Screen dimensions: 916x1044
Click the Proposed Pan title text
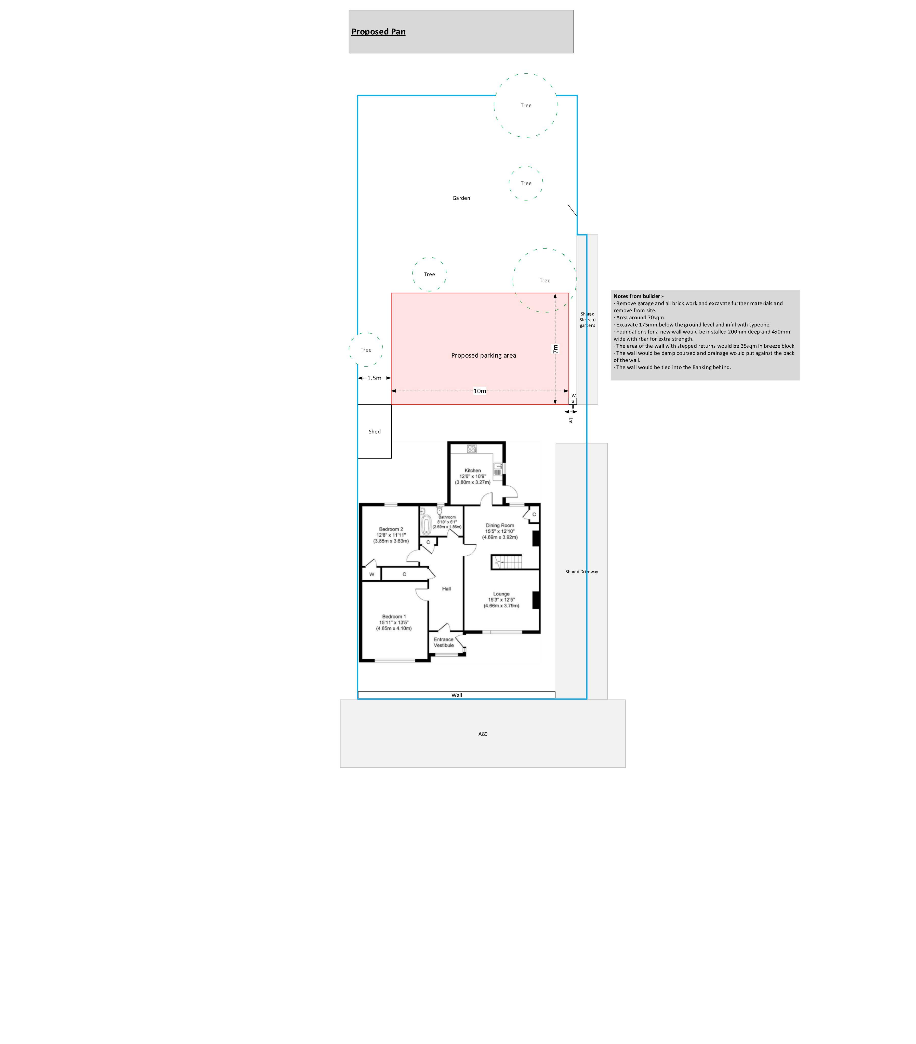tap(378, 32)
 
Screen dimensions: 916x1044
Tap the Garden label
tap(461, 198)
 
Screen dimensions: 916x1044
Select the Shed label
tap(375, 432)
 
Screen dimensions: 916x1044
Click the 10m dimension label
tap(480, 391)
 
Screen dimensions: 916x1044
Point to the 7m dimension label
tap(555, 349)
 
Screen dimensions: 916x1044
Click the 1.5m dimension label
tap(374, 378)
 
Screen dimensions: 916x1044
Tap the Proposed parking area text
tap(484, 356)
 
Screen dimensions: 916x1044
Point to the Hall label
tap(446, 589)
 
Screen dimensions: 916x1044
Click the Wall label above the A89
tap(456, 695)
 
